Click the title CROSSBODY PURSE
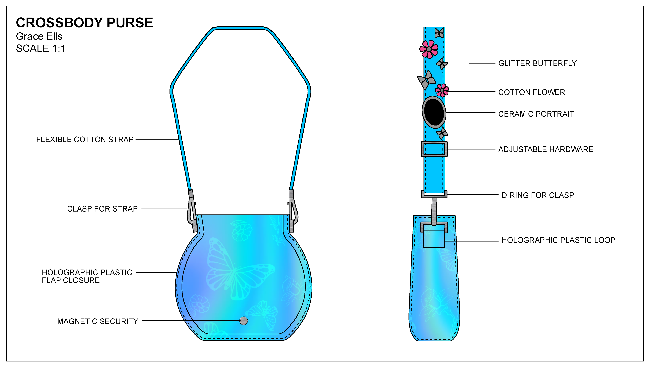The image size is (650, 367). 84,23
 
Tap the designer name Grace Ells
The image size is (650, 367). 39,36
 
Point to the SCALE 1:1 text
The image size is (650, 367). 41,48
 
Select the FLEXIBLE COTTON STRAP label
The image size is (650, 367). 85,140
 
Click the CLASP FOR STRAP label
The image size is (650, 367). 102,209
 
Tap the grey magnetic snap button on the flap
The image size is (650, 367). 244,321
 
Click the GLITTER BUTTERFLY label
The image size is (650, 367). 537,63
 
